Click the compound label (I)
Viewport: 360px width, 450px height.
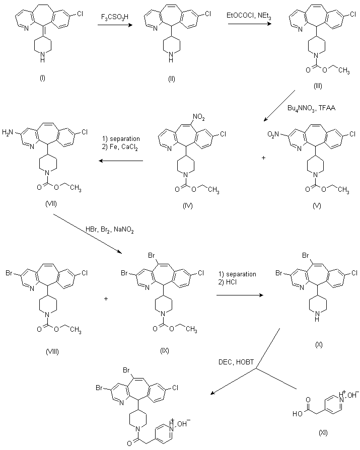(42, 78)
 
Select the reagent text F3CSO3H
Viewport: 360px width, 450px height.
(115, 17)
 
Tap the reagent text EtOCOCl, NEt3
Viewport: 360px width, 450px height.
(249, 16)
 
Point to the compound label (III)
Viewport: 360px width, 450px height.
(318, 86)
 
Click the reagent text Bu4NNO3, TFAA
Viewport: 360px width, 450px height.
(312, 109)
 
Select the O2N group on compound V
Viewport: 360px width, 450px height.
(273, 133)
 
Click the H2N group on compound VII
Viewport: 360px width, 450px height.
(8, 132)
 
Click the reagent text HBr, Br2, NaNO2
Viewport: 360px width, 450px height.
(109, 230)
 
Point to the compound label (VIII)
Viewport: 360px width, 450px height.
(52, 351)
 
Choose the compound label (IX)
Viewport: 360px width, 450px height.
(165, 350)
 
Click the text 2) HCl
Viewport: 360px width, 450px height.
(228, 282)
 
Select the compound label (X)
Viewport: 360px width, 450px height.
(319, 345)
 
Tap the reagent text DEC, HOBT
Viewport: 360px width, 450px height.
(236, 362)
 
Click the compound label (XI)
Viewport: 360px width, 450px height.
(323, 433)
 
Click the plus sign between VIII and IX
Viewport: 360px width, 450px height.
(106, 299)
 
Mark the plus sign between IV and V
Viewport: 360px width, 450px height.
(263, 158)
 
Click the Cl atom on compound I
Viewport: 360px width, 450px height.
(80, 14)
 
